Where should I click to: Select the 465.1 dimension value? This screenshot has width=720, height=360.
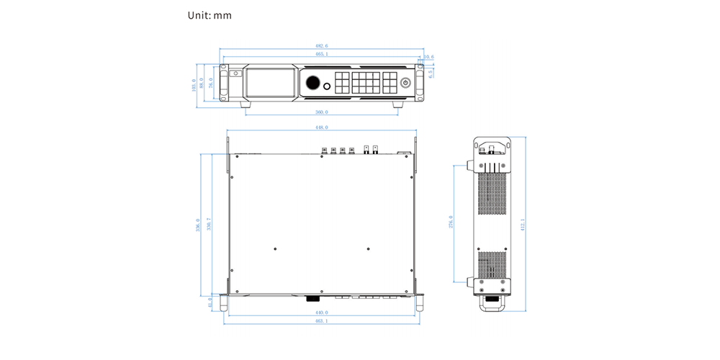point(321,53)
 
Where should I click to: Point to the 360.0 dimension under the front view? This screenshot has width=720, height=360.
point(321,112)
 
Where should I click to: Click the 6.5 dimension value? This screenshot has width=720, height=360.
point(431,71)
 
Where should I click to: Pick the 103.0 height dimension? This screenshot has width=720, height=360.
point(194,85)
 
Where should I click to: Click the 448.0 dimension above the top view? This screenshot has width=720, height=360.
point(321,127)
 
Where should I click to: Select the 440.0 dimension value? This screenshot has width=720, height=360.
point(321,312)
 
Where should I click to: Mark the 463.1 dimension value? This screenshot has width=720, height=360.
point(321,320)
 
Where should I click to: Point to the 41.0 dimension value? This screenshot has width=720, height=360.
point(210,303)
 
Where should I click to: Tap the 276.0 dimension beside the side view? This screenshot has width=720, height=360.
point(451,222)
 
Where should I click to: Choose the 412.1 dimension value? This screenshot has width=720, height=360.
point(523,225)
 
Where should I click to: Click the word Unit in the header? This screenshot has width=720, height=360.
point(198,15)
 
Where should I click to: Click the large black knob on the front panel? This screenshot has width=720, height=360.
point(314,83)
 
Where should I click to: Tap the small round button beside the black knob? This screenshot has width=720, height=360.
point(328,88)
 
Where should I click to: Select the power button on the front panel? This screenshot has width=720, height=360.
point(405,84)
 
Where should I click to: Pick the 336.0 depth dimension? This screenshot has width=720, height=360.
point(198,225)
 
